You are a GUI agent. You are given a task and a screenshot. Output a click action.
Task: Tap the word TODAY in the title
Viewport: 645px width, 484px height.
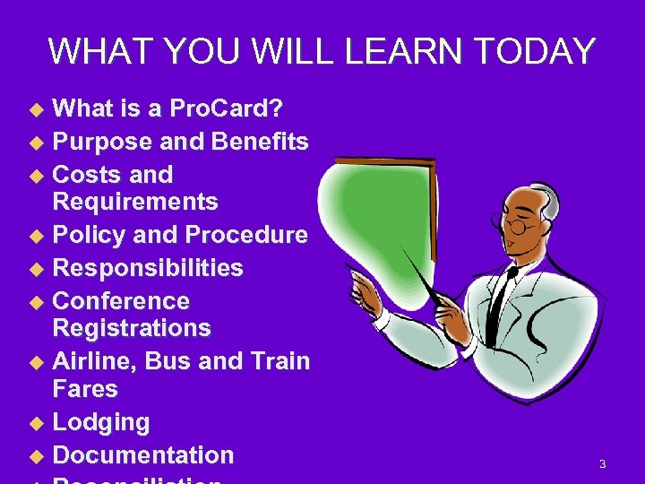(x=536, y=52)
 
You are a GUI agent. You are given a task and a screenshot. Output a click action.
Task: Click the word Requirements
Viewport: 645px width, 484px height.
(x=135, y=202)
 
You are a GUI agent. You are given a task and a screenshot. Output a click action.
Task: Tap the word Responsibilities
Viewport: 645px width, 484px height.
(x=148, y=268)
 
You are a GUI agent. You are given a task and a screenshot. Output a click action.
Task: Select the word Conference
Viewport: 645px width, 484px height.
(x=122, y=300)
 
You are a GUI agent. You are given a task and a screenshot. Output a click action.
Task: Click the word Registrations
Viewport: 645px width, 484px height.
(x=132, y=328)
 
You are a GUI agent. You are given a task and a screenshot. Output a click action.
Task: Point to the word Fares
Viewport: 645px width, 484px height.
(x=85, y=389)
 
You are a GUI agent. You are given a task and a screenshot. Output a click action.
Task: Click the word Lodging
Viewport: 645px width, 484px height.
(x=101, y=422)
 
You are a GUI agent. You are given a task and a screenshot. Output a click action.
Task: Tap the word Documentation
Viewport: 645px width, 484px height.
(x=143, y=454)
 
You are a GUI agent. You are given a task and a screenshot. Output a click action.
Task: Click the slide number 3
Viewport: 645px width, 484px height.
(x=602, y=464)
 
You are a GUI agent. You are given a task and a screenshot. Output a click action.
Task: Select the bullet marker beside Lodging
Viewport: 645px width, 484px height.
(x=37, y=423)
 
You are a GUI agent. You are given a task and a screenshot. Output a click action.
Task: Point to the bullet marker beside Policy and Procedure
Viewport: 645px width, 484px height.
(x=37, y=236)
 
